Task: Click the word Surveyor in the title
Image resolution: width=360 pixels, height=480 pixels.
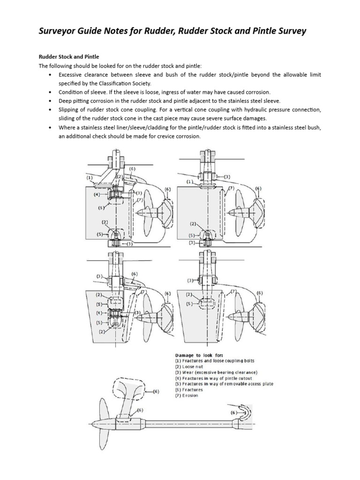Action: coord(59,31)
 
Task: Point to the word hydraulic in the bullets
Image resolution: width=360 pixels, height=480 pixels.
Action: coord(253,110)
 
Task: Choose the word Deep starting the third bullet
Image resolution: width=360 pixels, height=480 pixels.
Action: coord(65,101)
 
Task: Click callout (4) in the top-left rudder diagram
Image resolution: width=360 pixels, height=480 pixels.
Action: coord(96,194)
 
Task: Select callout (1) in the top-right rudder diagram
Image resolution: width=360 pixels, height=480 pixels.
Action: coord(189,182)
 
